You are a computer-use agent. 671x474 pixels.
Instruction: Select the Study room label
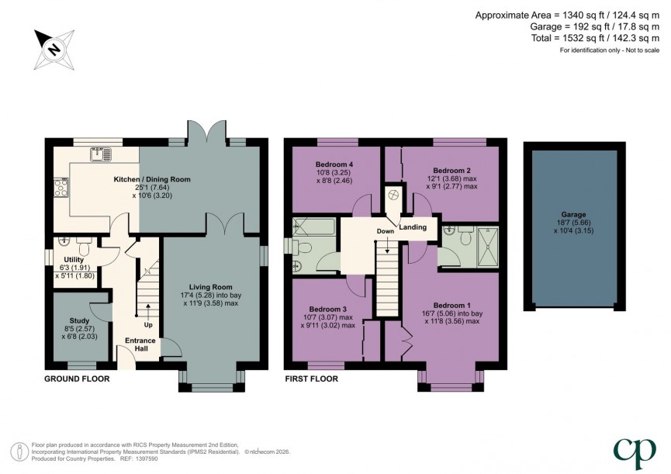pos(80,320)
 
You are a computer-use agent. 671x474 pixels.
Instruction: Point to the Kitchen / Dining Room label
pos(152,179)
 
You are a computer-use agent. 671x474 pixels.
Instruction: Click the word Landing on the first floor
pos(413,227)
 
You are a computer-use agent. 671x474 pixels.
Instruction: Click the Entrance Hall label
pos(141,345)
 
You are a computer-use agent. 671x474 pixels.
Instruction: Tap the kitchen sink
pos(98,153)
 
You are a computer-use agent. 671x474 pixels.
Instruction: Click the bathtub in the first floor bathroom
pos(314,227)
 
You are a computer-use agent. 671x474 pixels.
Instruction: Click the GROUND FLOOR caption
pos(76,379)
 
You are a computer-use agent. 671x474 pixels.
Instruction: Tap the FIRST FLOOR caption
pos(311,379)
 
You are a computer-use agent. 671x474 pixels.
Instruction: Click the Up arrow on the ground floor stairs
pos(147,308)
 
